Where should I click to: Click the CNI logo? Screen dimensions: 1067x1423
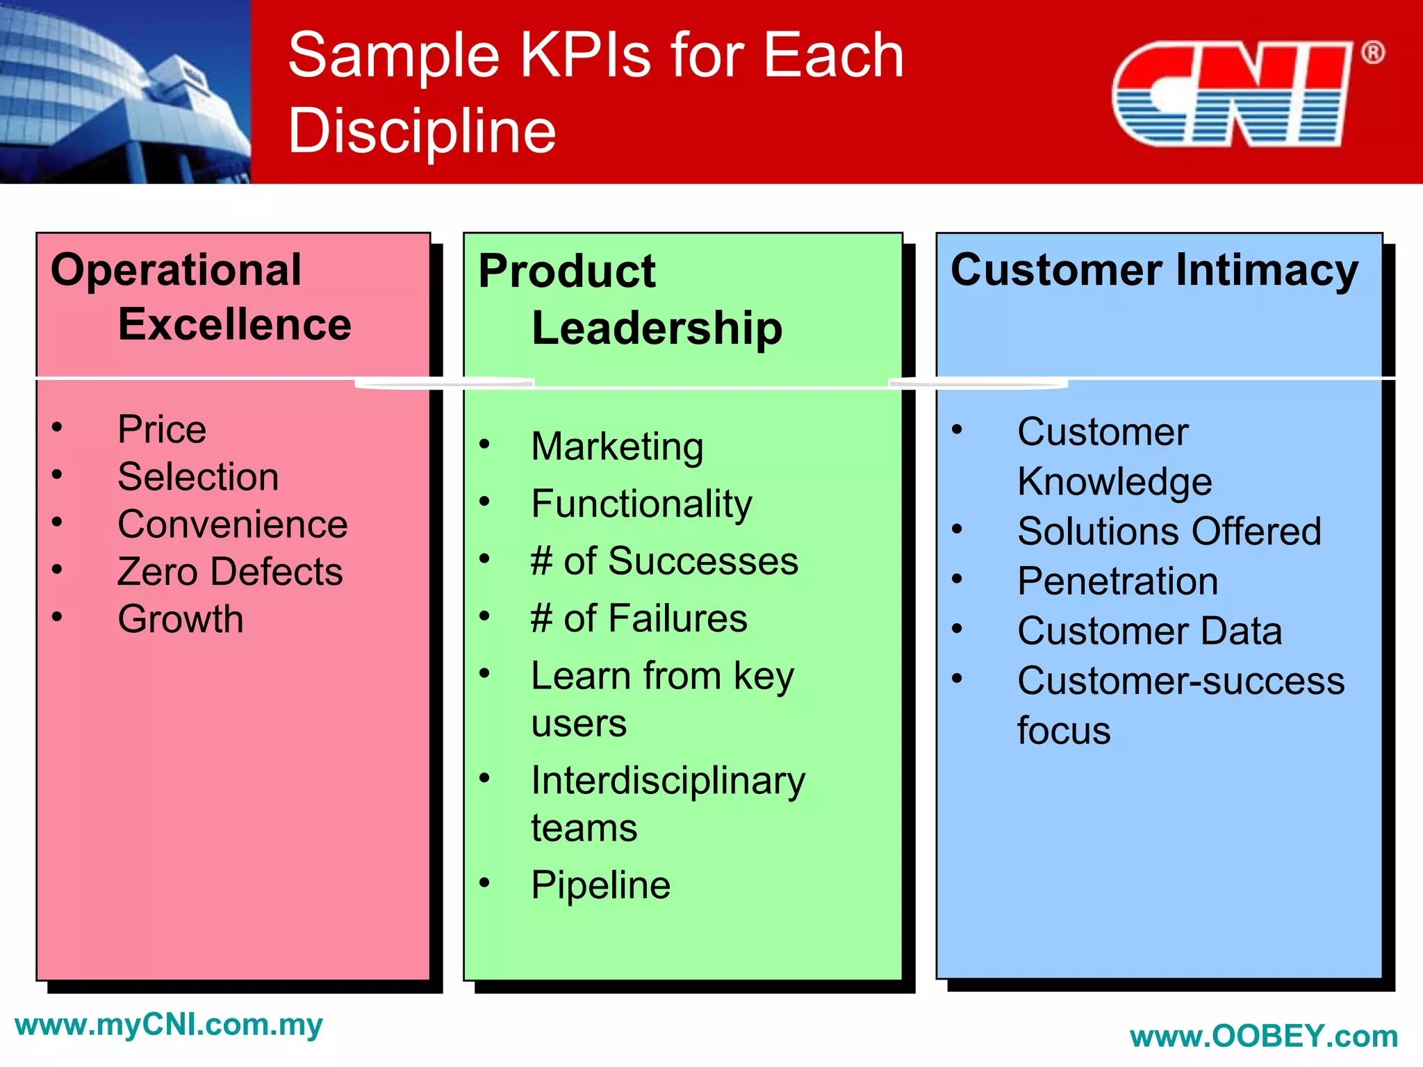pyautogui.click(x=1231, y=94)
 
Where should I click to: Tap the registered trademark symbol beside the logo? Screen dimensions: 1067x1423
pyautogui.click(x=1372, y=53)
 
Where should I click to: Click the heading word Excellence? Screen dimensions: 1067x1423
pyautogui.click(x=235, y=324)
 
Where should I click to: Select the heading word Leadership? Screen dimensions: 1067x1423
pyautogui.click(x=657, y=328)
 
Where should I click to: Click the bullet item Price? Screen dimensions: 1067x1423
pyautogui.click(x=162, y=429)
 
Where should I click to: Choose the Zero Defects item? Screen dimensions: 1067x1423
pyautogui.click(x=230, y=572)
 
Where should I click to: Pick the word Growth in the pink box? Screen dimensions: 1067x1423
pyautogui.click(x=181, y=619)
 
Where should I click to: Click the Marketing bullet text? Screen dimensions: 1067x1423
pyautogui.click(x=617, y=447)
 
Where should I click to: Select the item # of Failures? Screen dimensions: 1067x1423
pyautogui.click(x=639, y=618)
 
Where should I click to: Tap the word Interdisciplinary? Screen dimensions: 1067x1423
pyautogui.click(x=668, y=781)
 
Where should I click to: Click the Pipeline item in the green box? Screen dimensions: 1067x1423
pyautogui.click(x=600, y=886)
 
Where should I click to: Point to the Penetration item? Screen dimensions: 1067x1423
pyautogui.click(x=1117, y=581)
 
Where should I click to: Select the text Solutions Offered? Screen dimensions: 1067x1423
pyautogui.click(x=1169, y=531)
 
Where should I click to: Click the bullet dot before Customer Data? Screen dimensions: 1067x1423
pyautogui.click(x=957, y=629)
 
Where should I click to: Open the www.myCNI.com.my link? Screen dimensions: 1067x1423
pyautogui.click(x=169, y=1025)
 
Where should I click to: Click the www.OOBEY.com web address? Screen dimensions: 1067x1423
pyautogui.click(x=1263, y=1037)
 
